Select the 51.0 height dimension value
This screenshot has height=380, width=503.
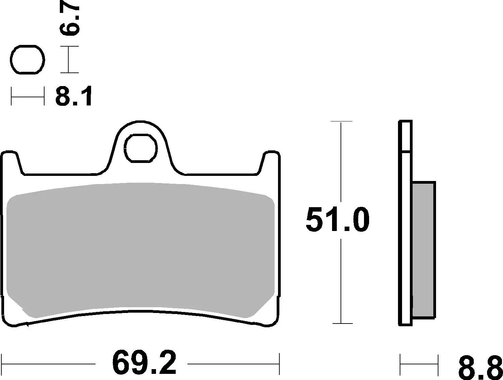pos(337,220)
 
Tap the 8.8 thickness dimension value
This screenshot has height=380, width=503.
pos(479,367)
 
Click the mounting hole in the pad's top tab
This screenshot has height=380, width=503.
pos(141,148)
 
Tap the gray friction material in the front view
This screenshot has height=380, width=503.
pos(141,248)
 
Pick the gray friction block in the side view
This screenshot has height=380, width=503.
pos(423,250)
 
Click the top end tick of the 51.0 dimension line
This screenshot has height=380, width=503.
pos(341,121)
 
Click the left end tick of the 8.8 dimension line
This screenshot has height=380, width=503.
pos(400,364)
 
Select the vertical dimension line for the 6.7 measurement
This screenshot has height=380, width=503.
pos(69,60)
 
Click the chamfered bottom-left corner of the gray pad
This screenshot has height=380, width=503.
pos(17,306)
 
